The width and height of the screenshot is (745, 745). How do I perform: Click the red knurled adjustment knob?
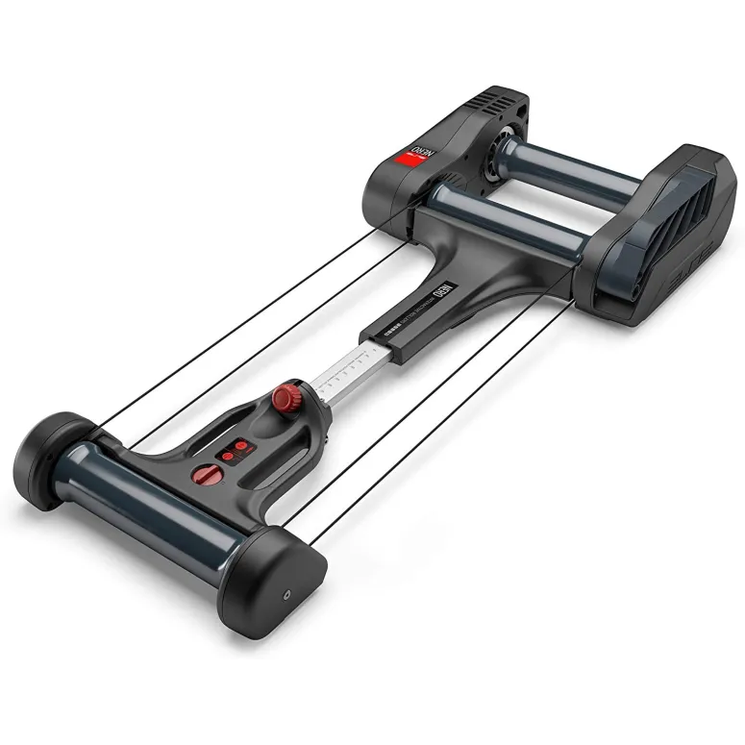285,396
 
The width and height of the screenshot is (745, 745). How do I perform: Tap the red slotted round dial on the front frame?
206,473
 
